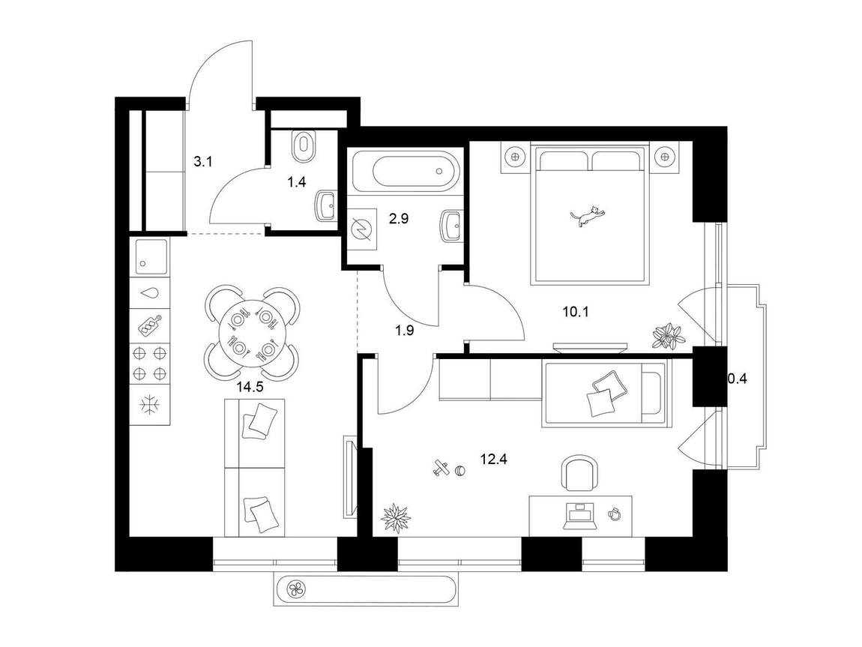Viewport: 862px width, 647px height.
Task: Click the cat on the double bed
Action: pyautogui.click(x=586, y=215)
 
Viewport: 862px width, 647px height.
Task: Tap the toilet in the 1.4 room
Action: pyautogui.click(x=303, y=146)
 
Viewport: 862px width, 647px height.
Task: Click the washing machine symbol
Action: pyautogui.click(x=362, y=226)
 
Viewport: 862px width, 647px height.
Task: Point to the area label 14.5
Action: pyautogui.click(x=250, y=386)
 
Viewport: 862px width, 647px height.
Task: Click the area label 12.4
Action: pyautogui.click(x=493, y=459)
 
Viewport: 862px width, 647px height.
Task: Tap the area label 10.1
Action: pyautogui.click(x=576, y=312)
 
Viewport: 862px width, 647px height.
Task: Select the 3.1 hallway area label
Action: pyautogui.click(x=202, y=162)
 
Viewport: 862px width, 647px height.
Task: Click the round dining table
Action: pyautogui.click(x=253, y=334)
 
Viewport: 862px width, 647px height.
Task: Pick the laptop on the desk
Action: pyautogui.click(x=579, y=516)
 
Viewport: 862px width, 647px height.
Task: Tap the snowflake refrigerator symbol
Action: pyautogui.click(x=149, y=406)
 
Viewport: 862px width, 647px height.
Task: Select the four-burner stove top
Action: pyautogui.click(x=150, y=363)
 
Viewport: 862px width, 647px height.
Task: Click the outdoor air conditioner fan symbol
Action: pyautogui.click(x=298, y=591)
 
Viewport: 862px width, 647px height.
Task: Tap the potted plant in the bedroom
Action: pyautogui.click(x=669, y=335)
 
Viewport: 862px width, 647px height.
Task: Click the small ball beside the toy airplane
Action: pyautogui.click(x=460, y=471)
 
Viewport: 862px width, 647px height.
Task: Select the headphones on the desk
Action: pyautogui.click(x=614, y=514)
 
